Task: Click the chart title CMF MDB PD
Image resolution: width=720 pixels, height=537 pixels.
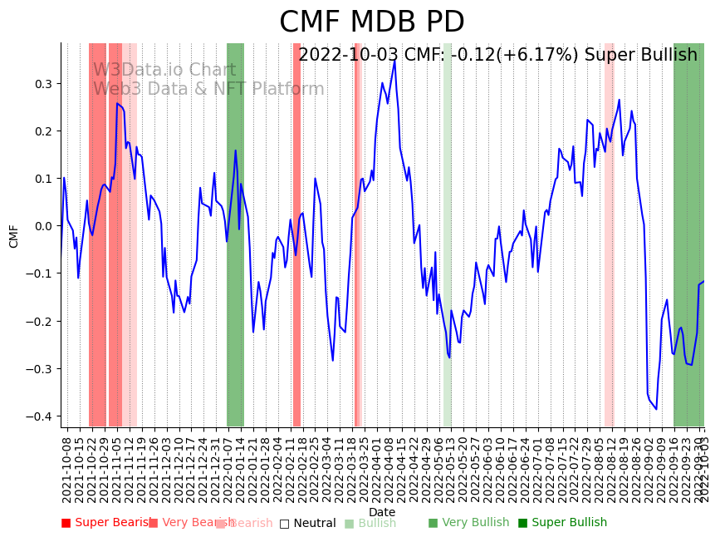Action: click(371, 22)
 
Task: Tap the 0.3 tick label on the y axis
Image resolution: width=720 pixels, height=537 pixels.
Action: click(42, 84)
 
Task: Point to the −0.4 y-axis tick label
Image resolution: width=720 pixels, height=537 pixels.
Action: click(39, 416)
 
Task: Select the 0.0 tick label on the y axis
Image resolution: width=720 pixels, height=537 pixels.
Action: click(42, 226)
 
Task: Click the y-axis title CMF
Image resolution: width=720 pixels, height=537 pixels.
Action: click(14, 236)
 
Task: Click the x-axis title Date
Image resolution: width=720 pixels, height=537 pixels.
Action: click(382, 512)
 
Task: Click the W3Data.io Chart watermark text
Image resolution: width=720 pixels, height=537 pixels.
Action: click(164, 71)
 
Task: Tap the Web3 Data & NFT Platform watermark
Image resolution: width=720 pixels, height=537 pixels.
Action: click(208, 89)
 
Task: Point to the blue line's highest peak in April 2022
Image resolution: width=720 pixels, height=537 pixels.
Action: click(394, 59)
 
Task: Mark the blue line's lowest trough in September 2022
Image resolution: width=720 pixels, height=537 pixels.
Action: click(656, 409)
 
